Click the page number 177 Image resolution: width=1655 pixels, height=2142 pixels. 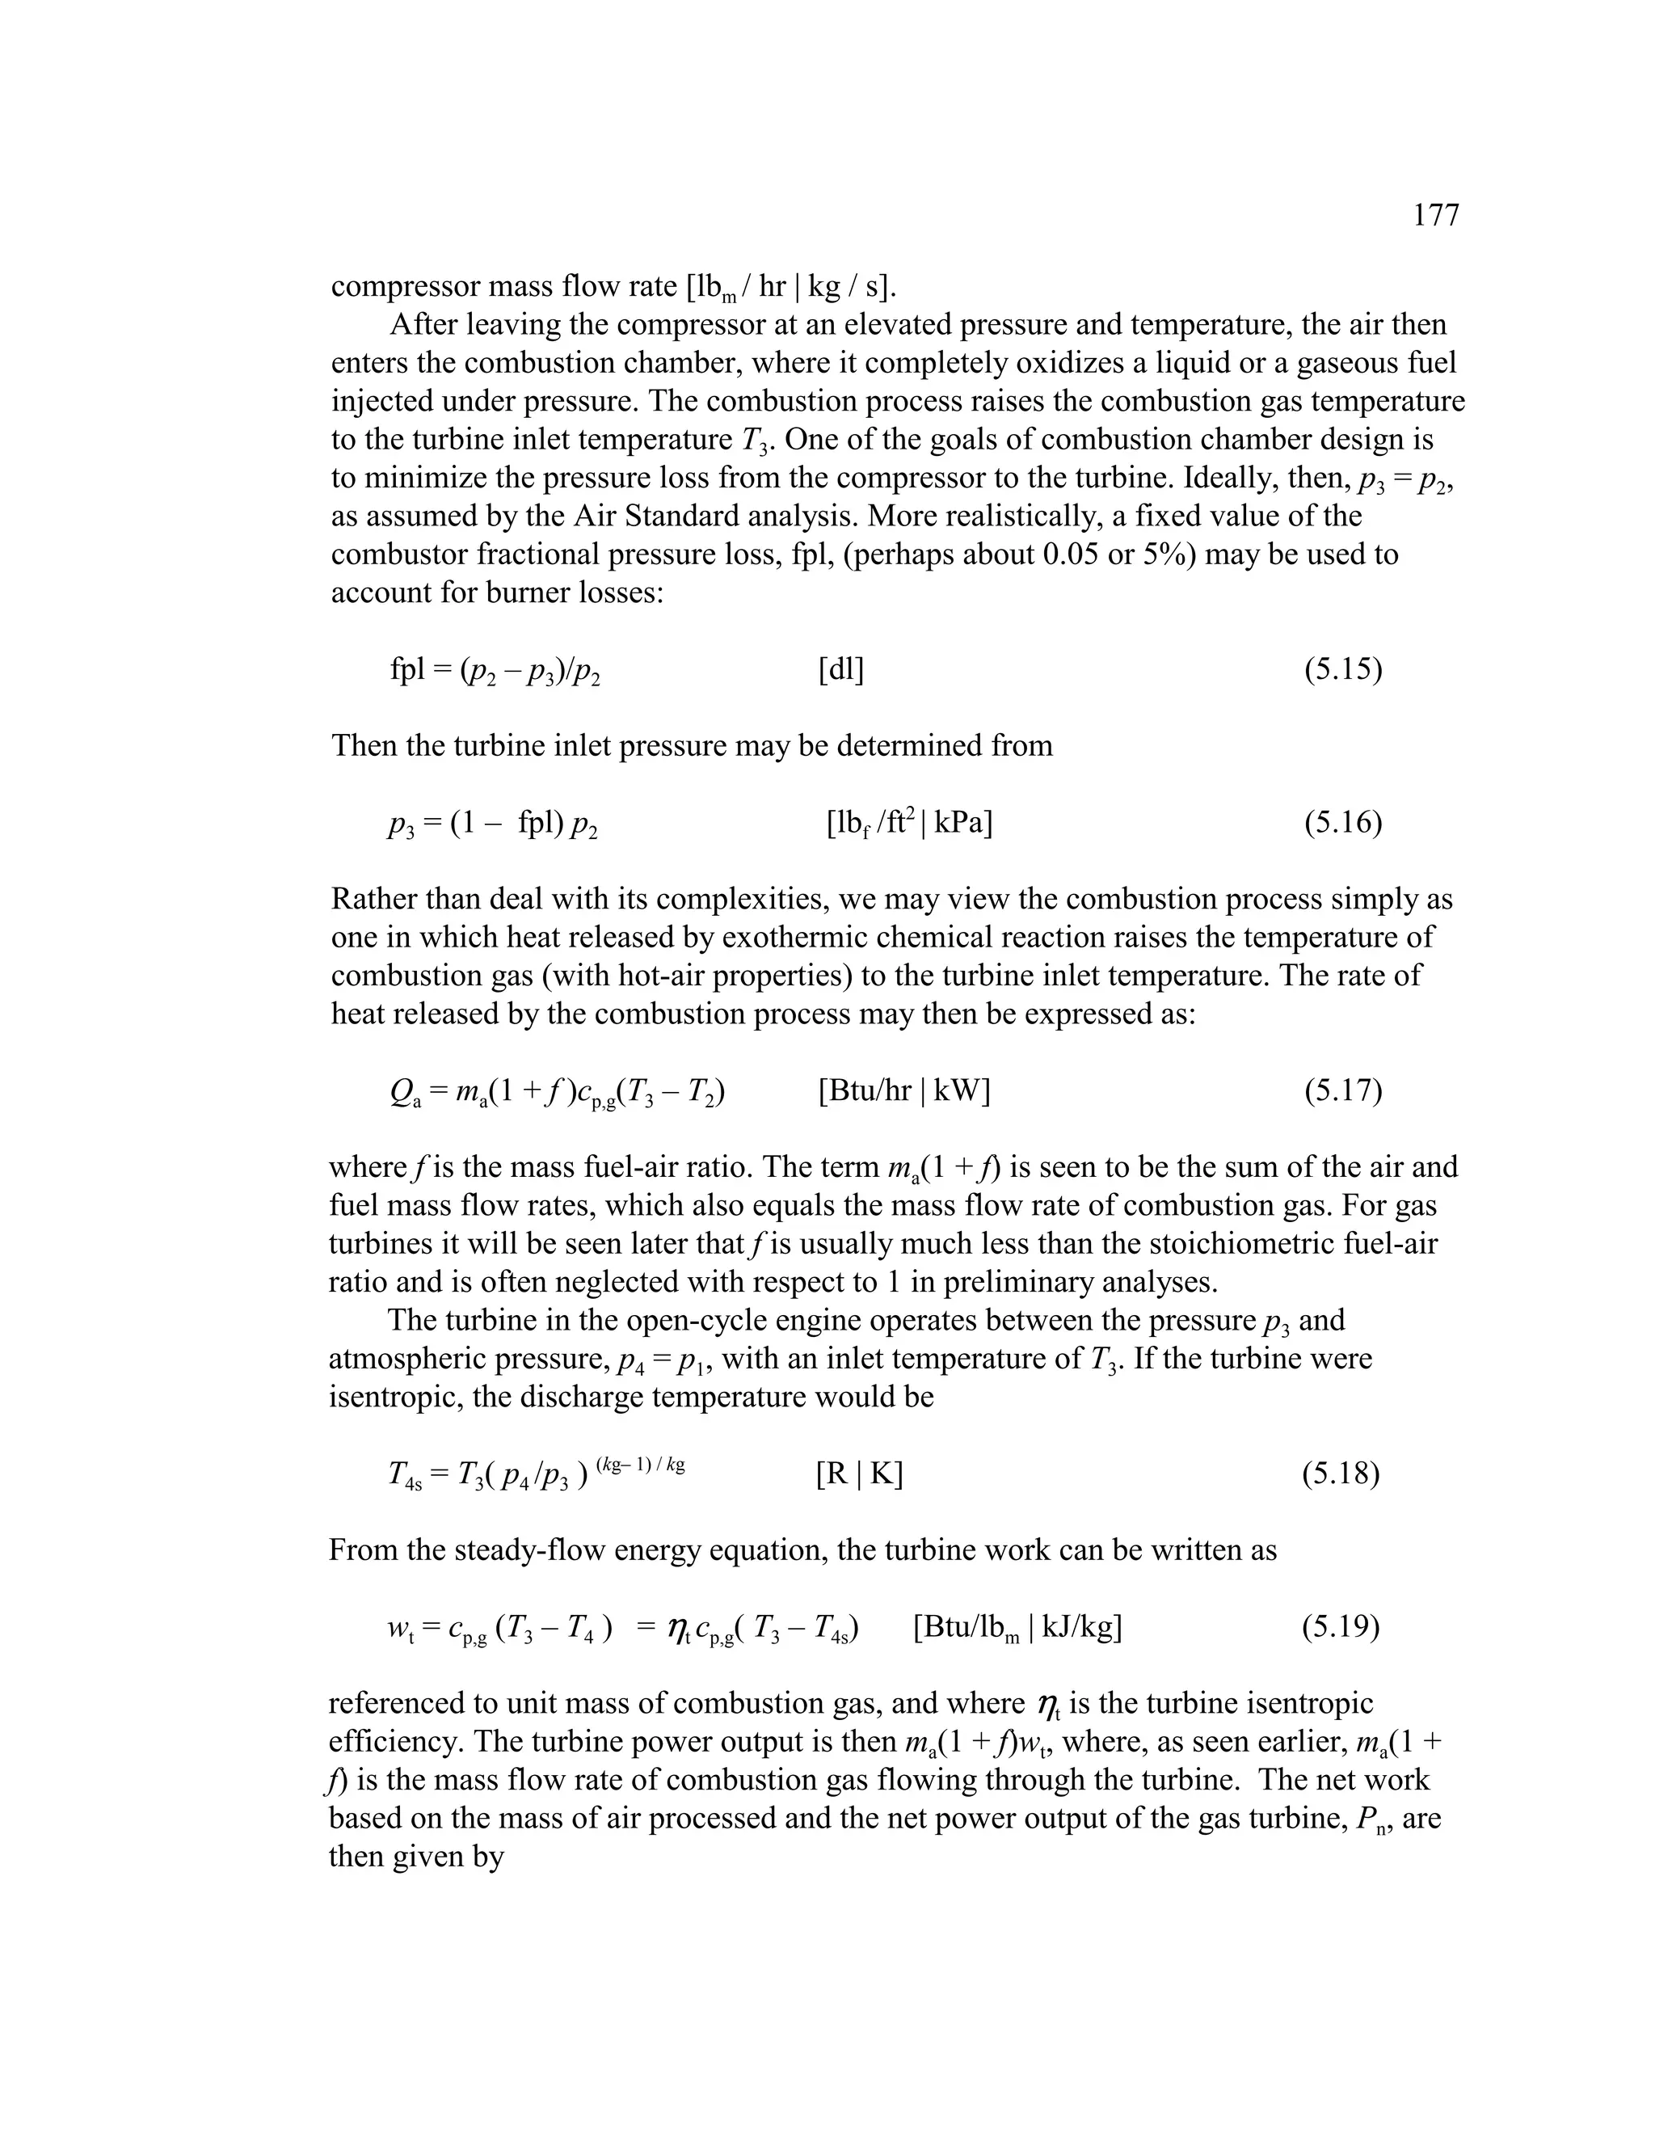coord(1435,215)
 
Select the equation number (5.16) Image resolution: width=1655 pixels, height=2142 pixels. coord(1342,823)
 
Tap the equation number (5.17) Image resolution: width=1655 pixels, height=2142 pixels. coord(1342,1090)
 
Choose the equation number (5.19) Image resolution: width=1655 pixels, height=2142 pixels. coord(1341,1627)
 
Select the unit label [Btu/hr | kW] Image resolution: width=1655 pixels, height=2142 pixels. coord(903,1090)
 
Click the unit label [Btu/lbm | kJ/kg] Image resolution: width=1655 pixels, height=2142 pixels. coord(1017,1628)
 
